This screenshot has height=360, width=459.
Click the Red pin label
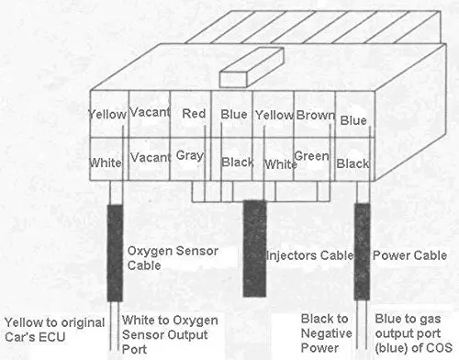click(194, 114)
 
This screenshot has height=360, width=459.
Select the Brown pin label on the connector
click(316, 115)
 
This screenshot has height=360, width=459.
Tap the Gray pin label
click(190, 156)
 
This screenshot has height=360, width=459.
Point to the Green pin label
click(311, 156)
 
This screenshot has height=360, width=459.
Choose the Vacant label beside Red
click(150, 112)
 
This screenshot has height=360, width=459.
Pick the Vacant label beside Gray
click(151, 158)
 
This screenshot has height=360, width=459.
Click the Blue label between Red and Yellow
click(234, 115)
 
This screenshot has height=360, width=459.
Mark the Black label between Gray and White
click(238, 162)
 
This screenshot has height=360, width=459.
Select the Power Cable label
click(409, 255)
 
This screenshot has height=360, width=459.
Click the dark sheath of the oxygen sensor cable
click(115, 253)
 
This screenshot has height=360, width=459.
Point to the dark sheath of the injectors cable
click(254, 249)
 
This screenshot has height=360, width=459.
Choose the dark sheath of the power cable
click(362, 252)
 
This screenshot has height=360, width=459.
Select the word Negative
click(327, 333)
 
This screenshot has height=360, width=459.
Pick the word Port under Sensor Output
click(134, 349)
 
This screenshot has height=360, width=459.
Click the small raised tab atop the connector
click(252, 67)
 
